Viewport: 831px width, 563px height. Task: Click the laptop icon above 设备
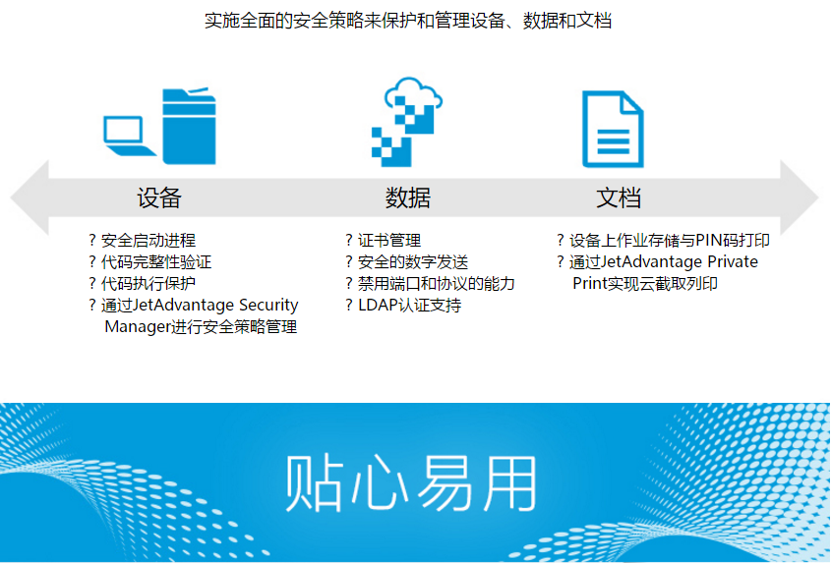pos(129,136)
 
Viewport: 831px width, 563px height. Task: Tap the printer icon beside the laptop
pos(189,126)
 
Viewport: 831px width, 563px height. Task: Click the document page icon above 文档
pos(613,130)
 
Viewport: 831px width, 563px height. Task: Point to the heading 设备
pos(159,197)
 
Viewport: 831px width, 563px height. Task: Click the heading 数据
pos(407,197)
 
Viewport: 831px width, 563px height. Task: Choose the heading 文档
pos(619,197)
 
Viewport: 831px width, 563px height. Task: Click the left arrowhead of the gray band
pos(30,197)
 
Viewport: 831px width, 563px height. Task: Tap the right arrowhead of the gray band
pos(800,197)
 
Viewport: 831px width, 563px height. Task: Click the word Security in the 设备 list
pos(268,306)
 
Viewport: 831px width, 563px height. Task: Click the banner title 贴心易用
pos(412,483)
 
